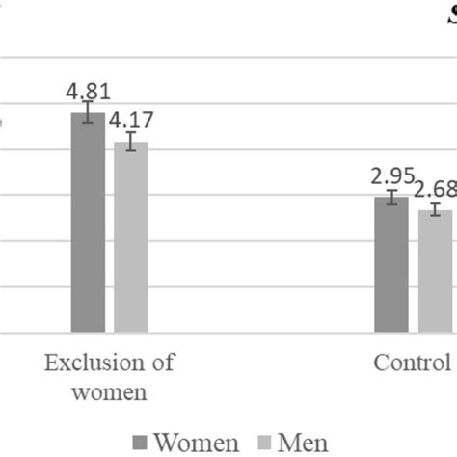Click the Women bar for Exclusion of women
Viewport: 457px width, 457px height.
pos(88,222)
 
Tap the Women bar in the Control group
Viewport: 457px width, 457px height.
pos(391,264)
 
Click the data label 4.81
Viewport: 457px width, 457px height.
pos(88,93)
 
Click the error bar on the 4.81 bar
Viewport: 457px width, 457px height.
pos(88,113)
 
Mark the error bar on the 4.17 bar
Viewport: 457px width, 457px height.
pos(131,142)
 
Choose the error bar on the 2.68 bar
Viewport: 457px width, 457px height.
pos(436,209)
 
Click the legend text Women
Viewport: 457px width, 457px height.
pos(196,443)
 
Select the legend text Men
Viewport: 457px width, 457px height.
pos(303,443)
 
